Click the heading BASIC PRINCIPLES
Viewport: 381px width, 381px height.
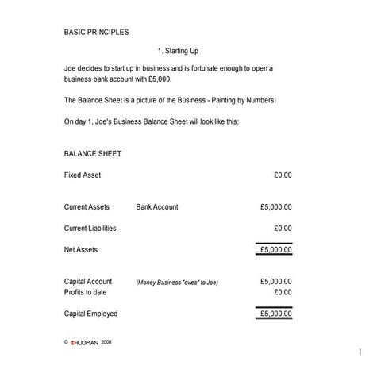96,33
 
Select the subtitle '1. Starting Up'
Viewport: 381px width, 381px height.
183,51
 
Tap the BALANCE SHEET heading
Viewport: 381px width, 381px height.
92,153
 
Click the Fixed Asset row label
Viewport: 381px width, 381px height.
83,175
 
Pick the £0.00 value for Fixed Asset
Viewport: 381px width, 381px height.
283,175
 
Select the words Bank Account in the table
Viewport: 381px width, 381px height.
157,207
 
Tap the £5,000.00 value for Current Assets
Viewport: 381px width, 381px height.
275,207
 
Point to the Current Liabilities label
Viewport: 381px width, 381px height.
90,229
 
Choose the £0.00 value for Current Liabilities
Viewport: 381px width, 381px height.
283,229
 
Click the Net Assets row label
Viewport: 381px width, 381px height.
81,250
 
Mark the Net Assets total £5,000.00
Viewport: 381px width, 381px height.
275,250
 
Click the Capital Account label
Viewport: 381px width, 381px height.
88,282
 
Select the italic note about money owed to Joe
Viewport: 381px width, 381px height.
177,283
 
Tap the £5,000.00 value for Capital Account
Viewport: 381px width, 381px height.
275,282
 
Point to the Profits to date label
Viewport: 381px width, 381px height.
86,292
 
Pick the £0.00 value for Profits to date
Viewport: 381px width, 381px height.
283,292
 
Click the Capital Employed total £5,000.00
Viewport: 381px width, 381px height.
275,314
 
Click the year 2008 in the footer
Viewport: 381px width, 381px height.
107,342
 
